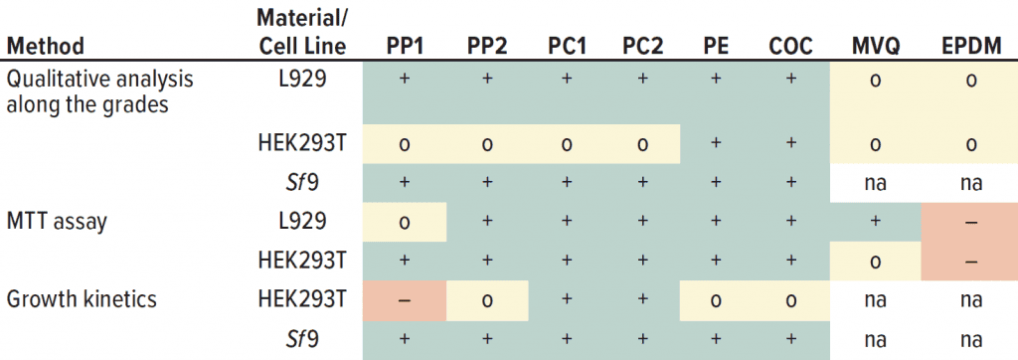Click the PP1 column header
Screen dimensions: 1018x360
(404, 46)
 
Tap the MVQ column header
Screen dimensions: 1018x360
(876, 46)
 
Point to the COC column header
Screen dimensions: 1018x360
(790, 46)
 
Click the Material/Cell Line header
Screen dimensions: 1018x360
(301, 32)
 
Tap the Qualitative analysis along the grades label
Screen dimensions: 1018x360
(99, 90)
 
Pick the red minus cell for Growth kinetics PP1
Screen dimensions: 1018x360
(404, 298)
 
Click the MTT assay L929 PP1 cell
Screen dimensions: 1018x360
(404, 222)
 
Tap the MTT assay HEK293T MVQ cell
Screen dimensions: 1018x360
(876, 261)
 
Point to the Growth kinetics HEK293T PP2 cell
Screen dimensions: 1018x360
(487, 298)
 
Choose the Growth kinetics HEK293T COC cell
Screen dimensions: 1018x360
(790, 298)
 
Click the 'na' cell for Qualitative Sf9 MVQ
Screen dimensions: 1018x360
(876, 183)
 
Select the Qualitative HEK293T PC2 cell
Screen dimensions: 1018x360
(642, 144)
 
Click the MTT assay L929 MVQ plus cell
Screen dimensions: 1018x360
(876, 222)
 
